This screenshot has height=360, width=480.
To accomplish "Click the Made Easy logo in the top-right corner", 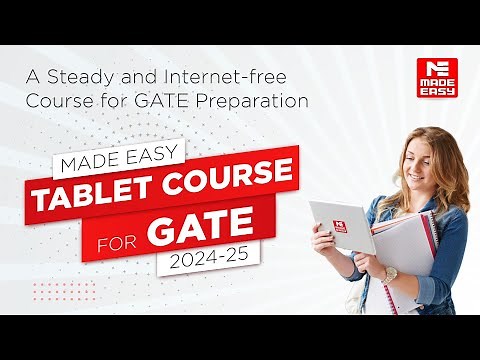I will [x=436, y=79].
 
